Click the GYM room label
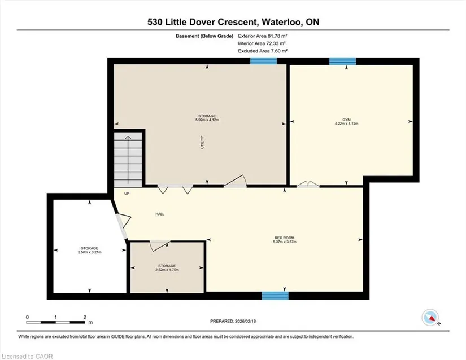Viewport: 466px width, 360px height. click(x=346, y=120)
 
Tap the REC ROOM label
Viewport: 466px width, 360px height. click(x=285, y=238)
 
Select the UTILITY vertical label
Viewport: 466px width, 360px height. click(x=202, y=142)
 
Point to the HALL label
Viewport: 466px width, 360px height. click(x=160, y=214)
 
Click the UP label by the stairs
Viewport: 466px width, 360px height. click(x=127, y=194)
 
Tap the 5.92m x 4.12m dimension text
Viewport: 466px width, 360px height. click(x=207, y=120)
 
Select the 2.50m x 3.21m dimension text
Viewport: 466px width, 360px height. click(x=89, y=252)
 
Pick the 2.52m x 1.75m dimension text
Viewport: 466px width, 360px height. click(x=167, y=270)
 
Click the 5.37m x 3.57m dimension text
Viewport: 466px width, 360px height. click(x=285, y=242)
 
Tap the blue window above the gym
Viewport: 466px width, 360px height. click(x=343, y=61)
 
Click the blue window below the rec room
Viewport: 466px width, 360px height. click(x=275, y=296)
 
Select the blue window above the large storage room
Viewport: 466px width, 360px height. click(x=264, y=61)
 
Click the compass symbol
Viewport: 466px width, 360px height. click(x=430, y=318)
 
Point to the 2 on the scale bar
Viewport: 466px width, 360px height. click(x=85, y=317)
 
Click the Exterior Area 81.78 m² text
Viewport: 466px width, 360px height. click(x=263, y=36)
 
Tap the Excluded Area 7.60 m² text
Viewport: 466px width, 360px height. click(x=263, y=51)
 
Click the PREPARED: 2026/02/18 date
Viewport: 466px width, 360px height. click(x=233, y=321)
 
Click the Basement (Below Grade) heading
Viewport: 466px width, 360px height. click(x=204, y=36)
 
